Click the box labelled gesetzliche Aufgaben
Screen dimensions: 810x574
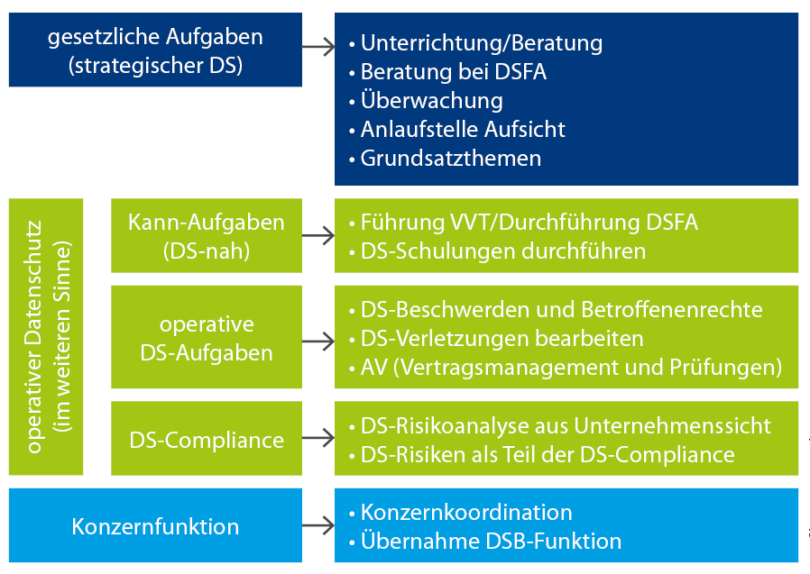(x=155, y=50)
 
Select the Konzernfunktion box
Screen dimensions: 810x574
(x=155, y=525)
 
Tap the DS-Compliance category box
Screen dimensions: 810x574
(x=207, y=438)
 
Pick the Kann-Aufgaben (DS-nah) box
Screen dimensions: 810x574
(x=207, y=235)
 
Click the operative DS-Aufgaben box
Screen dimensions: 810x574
(x=207, y=337)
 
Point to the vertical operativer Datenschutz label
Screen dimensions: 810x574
(x=46, y=336)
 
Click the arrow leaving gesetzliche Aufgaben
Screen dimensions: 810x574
(x=318, y=47)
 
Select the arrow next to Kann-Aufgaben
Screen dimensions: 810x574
(x=318, y=235)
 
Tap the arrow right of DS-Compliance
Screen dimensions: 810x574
(x=318, y=438)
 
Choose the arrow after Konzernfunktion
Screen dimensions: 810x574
(x=318, y=525)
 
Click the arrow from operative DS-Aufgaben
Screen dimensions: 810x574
(x=318, y=342)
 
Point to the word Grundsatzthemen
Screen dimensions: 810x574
(x=451, y=158)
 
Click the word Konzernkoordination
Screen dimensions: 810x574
(x=466, y=512)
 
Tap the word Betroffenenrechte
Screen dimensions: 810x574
(x=672, y=309)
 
